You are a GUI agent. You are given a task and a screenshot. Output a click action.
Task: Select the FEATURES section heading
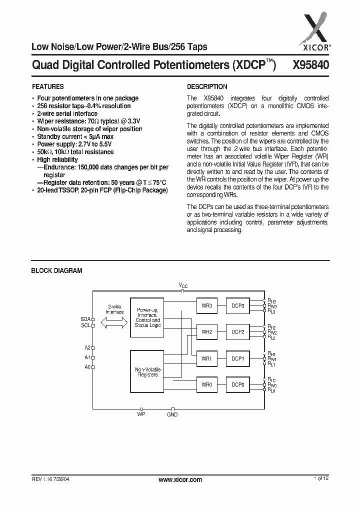[x=47, y=86]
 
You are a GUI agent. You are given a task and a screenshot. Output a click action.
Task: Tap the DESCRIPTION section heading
[x=207, y=86]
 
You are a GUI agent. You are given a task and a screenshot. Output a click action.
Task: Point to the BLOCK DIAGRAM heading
[x=56, y=270]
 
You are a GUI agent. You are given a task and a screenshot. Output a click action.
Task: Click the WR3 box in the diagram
[x=207, y=305]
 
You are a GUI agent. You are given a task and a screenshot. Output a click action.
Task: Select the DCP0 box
[x=237, y=384]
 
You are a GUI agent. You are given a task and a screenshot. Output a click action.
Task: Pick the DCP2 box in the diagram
[x=237, y=331]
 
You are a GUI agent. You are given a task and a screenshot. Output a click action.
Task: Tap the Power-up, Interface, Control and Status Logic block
[x=146, y=317]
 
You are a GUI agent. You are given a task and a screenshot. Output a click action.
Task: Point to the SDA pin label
[x=85, y=318]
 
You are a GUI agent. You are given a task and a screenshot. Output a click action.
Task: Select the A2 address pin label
[x=87, y=347]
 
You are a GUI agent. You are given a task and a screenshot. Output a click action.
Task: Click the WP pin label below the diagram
[x=141, y=414]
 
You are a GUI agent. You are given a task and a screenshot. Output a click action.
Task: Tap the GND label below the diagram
[x=172, y=414]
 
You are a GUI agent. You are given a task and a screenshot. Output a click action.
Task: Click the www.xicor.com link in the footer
[x=180, y=479]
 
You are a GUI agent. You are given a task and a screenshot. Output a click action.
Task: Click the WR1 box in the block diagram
[x=207, y=358]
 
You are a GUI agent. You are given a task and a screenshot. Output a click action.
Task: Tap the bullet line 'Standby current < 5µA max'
[x=75, y=136]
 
